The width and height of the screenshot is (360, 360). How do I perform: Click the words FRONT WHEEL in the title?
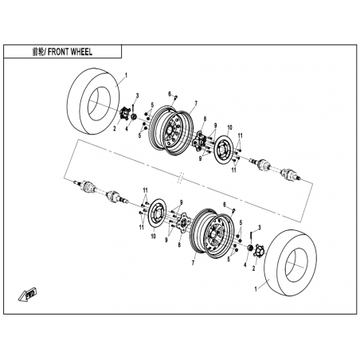click(70, 52)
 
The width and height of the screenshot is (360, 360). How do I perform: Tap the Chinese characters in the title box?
click(37, 52)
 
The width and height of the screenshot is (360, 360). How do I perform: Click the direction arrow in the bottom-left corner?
click(27, 294)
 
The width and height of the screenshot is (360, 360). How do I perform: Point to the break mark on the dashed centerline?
click(180, 177)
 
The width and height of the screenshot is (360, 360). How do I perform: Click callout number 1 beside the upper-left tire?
click(126, 76)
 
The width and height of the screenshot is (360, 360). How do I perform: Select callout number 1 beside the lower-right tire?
click(256, 289)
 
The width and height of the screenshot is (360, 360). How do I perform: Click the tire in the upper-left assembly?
click(93, 101)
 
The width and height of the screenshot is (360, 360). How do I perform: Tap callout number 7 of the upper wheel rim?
click(196, 103)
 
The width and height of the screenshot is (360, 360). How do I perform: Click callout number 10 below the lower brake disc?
click(154, 236)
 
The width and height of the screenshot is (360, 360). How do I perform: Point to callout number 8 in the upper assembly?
click(205, 119)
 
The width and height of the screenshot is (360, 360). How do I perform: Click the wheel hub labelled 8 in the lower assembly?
click(182, 222)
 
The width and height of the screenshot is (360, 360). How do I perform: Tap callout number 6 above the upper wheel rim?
click(169, 93)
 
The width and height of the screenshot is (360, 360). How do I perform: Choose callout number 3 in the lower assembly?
click(260, 228)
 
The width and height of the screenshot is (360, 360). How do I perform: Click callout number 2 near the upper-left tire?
click(115, 129)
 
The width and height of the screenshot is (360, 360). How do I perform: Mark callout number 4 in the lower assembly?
click(245, 264)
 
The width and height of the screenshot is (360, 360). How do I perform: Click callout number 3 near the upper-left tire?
click(137, 96)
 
